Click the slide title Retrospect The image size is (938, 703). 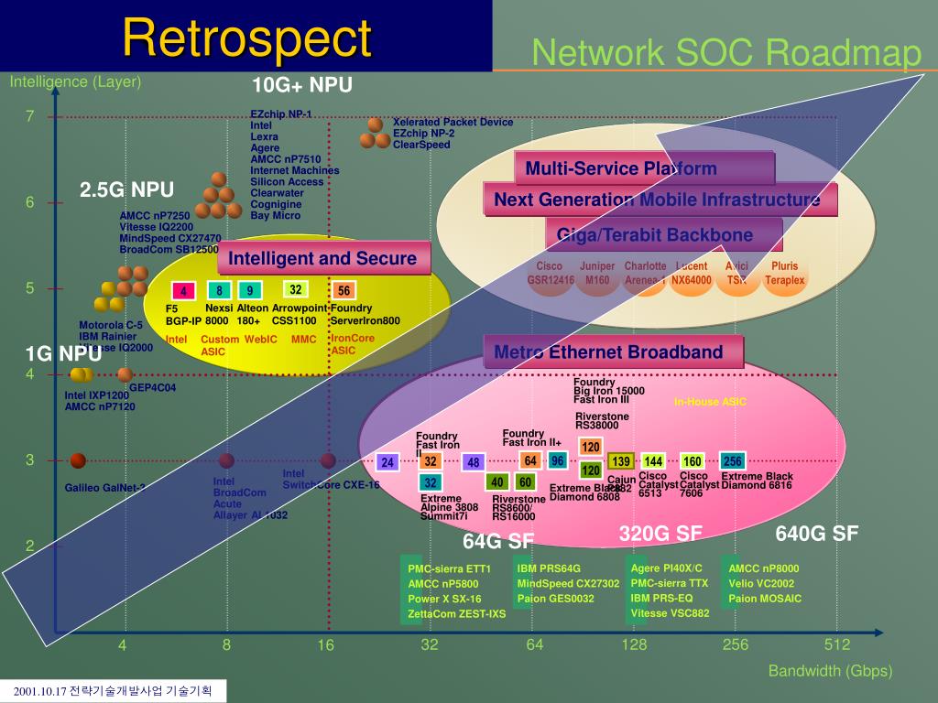point(247,38)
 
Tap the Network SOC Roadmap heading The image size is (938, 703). point(726,53)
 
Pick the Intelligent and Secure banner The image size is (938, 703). point(322,259)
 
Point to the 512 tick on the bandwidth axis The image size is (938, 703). point(836,644)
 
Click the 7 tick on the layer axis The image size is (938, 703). point(29,116)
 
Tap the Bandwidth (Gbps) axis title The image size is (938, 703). point(830,671)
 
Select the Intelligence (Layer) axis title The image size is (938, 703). point(75,81)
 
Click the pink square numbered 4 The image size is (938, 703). point(184,292)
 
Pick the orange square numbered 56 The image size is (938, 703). point(344,291)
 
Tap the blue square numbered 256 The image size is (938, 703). point(732,461)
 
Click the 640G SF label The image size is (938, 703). point(816,534)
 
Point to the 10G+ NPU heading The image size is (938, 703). point(302,85)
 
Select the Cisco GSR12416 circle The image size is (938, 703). point(550,274)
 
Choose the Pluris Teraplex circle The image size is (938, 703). point(785,274)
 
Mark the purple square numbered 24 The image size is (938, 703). point(387,462)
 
